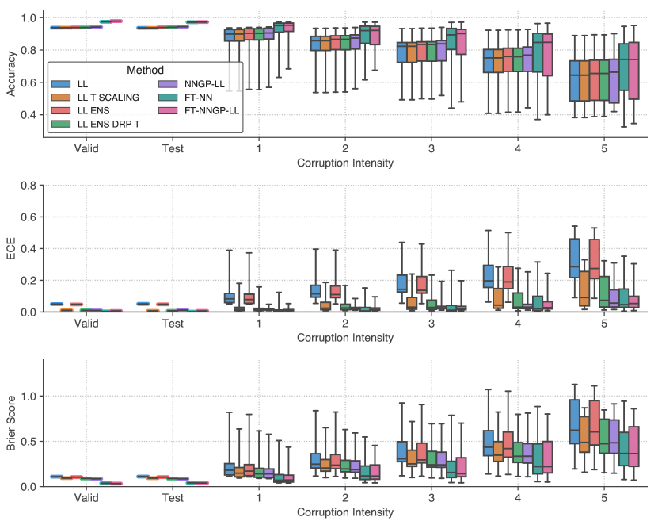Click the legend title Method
pyautogui.click(x=145, y=70)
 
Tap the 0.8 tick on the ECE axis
pyautogui.click(x=29, y=186)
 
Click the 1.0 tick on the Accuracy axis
pyautogui.click(x=29, y=17)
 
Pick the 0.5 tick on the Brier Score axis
pyautogui.click(x=29, y=441)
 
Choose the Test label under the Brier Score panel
pyautogui.click(x=172, y=498)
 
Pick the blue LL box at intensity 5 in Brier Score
pyautogui.click(x=574, y=421)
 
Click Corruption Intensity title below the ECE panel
pyautogui.click(x=345, y=338)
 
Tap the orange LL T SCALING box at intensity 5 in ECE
pyautogui.click(x=584, y=289)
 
